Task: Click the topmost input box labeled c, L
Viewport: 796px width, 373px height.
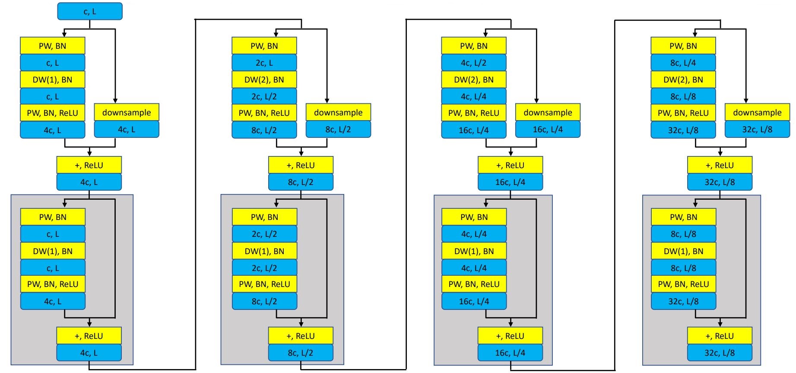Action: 90,11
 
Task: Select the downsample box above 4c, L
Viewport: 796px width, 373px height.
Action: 127,112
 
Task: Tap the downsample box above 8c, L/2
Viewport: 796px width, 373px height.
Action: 338,112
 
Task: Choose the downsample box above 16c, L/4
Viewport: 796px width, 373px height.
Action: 548,112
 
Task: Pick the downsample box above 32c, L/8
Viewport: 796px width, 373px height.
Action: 757,112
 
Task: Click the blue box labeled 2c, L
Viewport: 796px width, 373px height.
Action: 264,63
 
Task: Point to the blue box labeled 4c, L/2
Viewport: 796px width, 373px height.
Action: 474,63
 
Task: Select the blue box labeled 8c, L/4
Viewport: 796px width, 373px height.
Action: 683,63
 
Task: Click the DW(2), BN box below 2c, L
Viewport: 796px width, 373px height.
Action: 264,80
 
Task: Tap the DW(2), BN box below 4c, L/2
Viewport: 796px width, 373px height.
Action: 474,80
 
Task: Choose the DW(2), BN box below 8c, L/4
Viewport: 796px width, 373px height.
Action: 683,80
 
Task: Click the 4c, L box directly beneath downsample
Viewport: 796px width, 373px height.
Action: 127,129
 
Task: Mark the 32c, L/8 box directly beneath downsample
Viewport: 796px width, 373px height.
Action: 757,129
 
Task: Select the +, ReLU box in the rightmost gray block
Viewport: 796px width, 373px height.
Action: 720,336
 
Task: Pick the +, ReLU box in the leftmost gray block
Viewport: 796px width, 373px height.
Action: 89,336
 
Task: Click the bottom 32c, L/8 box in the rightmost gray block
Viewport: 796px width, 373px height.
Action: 720,353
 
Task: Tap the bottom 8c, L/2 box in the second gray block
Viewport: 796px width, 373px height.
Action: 301,353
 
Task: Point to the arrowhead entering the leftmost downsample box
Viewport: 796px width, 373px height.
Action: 115,101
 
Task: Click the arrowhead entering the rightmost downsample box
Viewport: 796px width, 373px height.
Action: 746,101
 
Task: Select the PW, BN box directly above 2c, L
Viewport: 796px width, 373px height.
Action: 264,46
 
